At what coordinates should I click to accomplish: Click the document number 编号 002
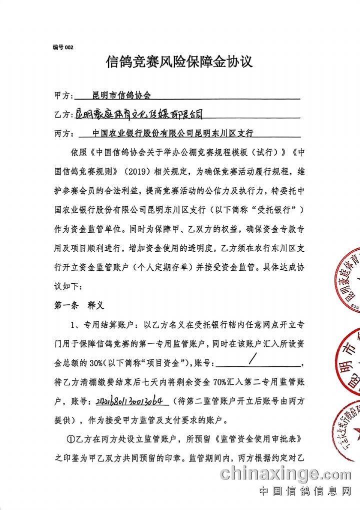[x=63, y=47]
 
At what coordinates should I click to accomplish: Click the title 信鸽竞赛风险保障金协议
[x=179, y=62]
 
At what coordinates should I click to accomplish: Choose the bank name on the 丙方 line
[x=173, y=134]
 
